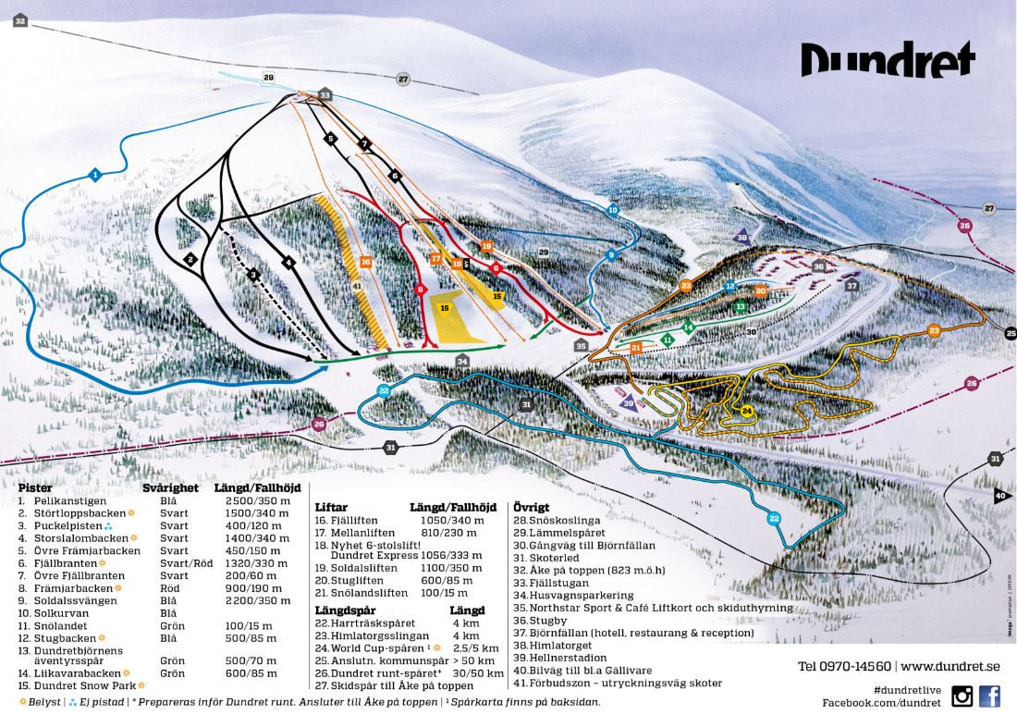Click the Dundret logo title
tap(888, 59)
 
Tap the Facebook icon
tap(989, 696)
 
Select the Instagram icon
tap(962, 696)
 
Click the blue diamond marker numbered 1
tap(94, 173)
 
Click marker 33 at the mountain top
tap(325, 95)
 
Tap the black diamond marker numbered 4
tap(288, 262)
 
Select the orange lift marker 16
tap(366, 263)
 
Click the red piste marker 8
tap(421, 290)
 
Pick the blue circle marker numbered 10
tap(612, 211)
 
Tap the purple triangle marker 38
tap(741, 237)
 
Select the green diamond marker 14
tap(688, 326)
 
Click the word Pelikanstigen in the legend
tap(70, 499)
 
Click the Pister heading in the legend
tap(34, 487)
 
